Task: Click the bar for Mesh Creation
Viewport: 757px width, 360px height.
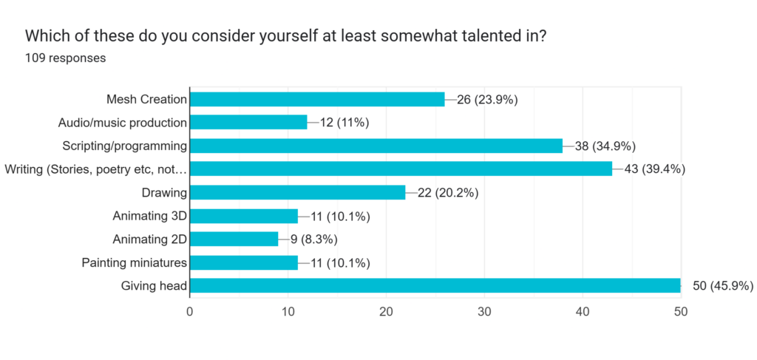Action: coord(317,99)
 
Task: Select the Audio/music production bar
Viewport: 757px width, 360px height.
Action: coord(248,122)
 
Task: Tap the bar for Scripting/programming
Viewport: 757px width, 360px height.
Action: coord(376,146)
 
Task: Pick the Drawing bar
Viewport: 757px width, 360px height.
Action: coord(298,192)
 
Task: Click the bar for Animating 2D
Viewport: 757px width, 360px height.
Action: coord(234,239)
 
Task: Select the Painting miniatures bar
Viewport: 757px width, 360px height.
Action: coord(244,262)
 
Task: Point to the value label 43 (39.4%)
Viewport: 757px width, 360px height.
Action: coord(654,169)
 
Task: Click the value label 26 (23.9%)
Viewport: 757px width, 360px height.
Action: coord(487,99)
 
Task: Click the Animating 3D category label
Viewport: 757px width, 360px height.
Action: coord(149,216)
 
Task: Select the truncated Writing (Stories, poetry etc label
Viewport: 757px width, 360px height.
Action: coord(95,169)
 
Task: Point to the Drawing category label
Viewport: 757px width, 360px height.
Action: coord(164,193)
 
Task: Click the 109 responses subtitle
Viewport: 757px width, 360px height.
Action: coord(65,58)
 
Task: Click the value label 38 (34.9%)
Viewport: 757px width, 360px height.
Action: coord(605,146)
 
